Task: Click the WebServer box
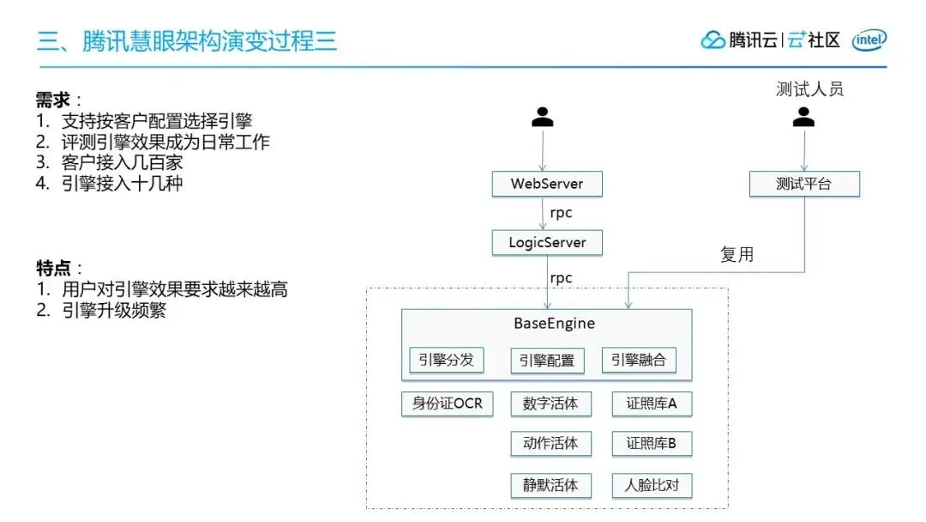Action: pyautogui.click(x=547, y=184)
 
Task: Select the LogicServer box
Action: pyautogui.click(x=547, y=243)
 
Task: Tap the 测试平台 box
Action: pyautogui.click(x=804, y=184)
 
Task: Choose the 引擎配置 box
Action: pyautogui.click(x=547, y=361)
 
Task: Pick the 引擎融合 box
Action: pyautogui.click(x=639, y=360)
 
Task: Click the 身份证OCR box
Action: pyautogui.click(x=448, y=404)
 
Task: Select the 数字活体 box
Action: pyautogui.click(x=550, y=404)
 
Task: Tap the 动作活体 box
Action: pyautogui.click(x=550, y=444)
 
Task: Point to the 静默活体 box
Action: pyautogui.click(x=550, y=485)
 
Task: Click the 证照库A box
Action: pyautogui.click(x=652, y=404)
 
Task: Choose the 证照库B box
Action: pyautogui.click(x=652, y=444)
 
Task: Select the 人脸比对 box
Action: pyautogui.click(x=652, y=485)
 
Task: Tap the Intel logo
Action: pyautogui.click(x=869, y=40)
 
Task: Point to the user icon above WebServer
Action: pyautogui.click(x=542, y=118)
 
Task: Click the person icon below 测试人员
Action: pyautogui.click(x=803, y=118)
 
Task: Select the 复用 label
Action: pyautogui.click(x=737, y=255)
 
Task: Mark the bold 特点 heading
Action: pyautogui.click(x=53, y=268)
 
